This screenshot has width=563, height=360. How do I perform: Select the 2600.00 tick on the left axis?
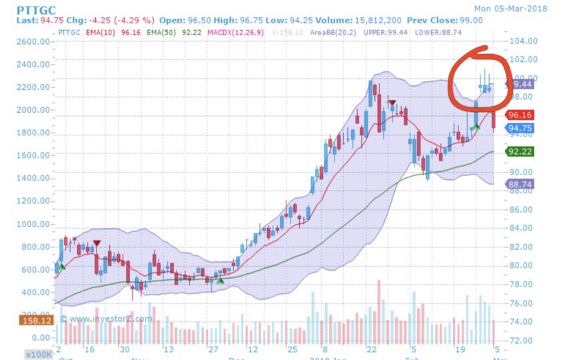coord(33,41)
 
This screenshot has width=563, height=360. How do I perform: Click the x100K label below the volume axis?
coord(37,353)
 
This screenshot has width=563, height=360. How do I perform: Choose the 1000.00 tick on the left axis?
coord(33,224)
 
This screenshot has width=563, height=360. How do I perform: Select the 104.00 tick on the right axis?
coord(524,41)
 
